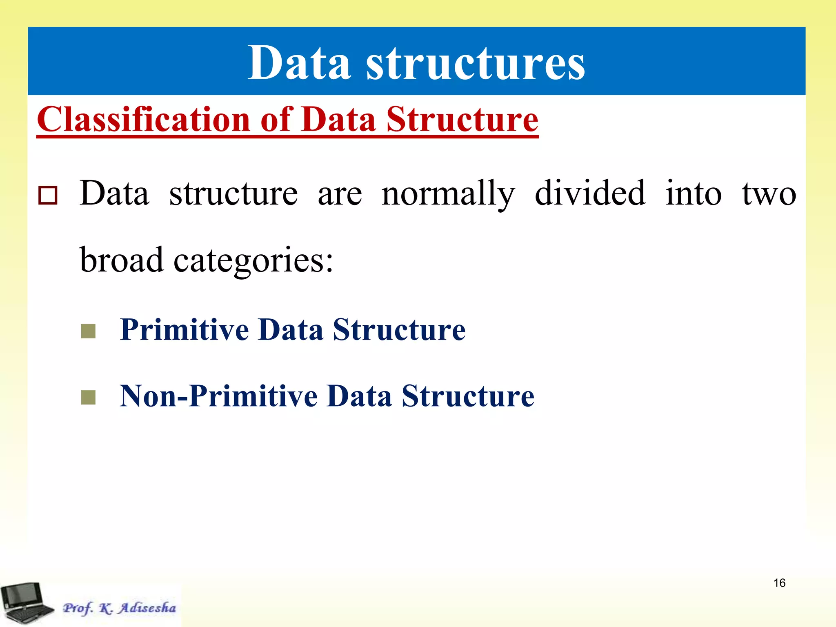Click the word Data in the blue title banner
point(299,63)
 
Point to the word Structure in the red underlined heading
point(462,119)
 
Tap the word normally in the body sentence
point(448,194)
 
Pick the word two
point(769,194)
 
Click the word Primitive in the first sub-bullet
point(185,329)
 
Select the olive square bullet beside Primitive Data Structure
point(88,331)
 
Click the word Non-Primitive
point(218,396)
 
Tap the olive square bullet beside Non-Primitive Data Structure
point(88,397)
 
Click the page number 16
point(779,583)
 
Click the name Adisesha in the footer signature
point(147,608)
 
